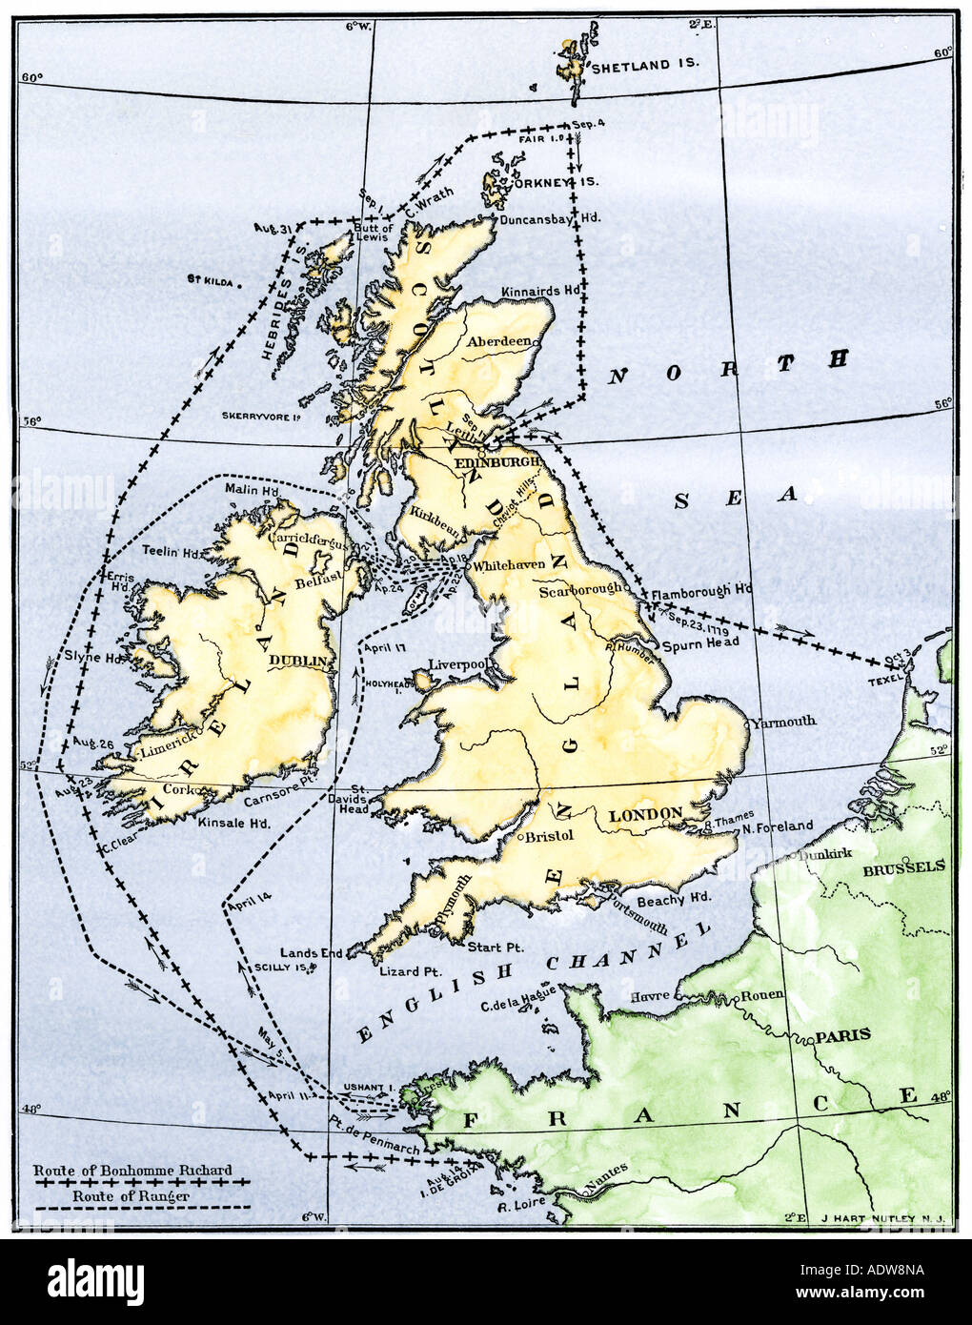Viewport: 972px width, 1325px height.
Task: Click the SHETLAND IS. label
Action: pos(645,68)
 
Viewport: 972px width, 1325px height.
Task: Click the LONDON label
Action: pos(645,814)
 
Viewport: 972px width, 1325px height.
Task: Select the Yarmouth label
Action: pos(783,722)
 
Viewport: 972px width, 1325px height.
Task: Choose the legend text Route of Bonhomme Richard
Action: pos(132,1170)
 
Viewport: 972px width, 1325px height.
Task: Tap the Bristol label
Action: pos(550,836)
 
